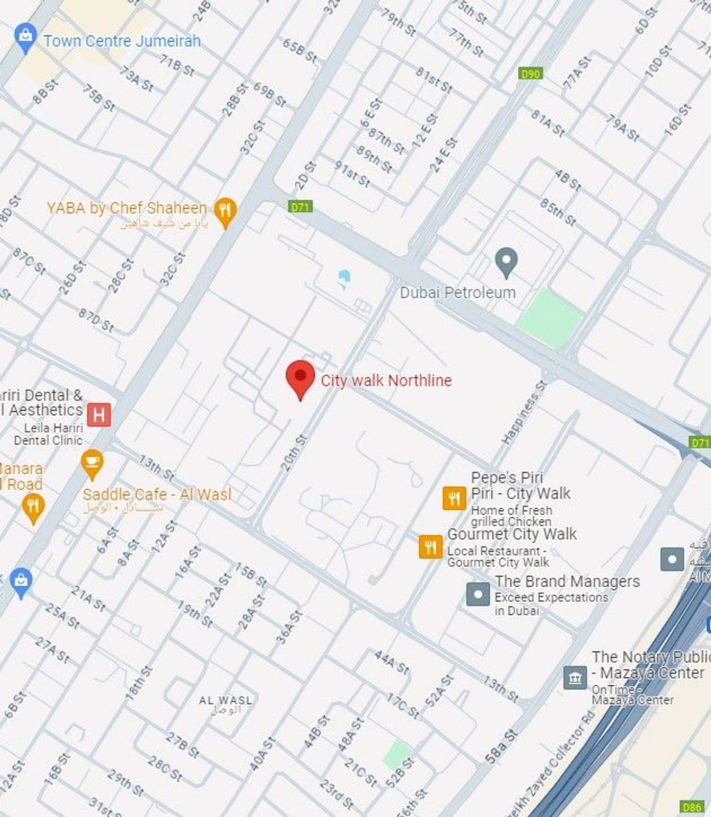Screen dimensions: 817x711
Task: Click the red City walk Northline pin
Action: [300, 377]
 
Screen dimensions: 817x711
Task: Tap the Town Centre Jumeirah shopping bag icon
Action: [25, 37]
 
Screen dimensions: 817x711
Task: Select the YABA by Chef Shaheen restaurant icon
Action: [225, 211]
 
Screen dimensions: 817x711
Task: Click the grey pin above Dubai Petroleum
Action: [506, 261]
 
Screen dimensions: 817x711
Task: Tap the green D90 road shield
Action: [530, 74]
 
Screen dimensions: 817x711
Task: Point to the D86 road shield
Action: [692, 807]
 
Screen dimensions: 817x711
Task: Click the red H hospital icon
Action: [99, 415]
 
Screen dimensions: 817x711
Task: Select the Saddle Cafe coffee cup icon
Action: [92, 463]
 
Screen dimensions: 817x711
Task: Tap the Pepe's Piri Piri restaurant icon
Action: [454, 498]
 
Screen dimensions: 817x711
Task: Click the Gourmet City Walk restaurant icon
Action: [431, 547]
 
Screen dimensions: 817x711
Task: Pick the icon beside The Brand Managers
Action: [478, 594]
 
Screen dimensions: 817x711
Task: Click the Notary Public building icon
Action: [575, 678]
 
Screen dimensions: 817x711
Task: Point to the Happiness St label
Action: [524, 413]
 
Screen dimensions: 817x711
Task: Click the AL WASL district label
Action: [226, 701]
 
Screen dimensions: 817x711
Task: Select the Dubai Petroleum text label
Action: [457, 293]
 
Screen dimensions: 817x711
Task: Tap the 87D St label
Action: [96, 320]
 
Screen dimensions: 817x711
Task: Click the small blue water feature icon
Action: [344, 278]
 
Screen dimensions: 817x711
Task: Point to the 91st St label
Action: [352, 173]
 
